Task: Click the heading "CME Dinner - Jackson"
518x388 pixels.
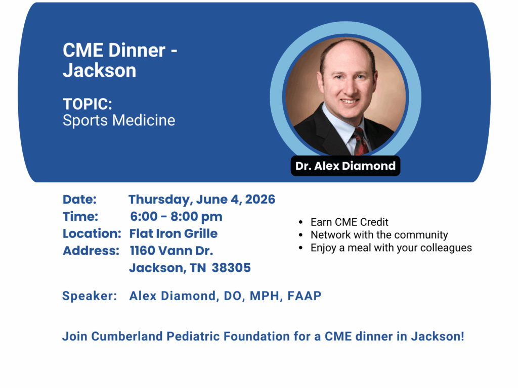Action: (x=120, y=61)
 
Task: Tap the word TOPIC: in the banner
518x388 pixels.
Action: (x=88, y=104)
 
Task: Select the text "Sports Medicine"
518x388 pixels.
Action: (x=119, y=120)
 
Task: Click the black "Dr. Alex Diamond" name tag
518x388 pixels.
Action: (x=345, y=166)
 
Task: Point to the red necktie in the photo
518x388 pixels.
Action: (x=360, y=141)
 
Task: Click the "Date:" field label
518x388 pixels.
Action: (x=79, y=199)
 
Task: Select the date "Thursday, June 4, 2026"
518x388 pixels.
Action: (x=202, y=200)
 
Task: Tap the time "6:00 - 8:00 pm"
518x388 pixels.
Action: (x=176, y=216)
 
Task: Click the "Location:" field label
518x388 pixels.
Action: (x=92, y=233)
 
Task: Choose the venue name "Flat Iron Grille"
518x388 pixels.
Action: (x=174, y=233)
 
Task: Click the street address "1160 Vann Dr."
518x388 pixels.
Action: (x=171, y=251)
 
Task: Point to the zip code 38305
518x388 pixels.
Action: (x=231, y=268)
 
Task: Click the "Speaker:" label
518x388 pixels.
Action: (x=90, y=296)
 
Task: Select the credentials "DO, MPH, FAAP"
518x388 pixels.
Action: (x=273, y=296)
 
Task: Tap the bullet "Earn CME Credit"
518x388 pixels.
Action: (x=349, y=222)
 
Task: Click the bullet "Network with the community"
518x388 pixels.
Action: (x=379, y=235)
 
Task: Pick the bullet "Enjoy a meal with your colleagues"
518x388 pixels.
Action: (x=391, y=248)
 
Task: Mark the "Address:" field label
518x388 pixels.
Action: (x=91, y=251)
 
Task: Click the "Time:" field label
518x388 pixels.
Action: (x=80, y=216)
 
